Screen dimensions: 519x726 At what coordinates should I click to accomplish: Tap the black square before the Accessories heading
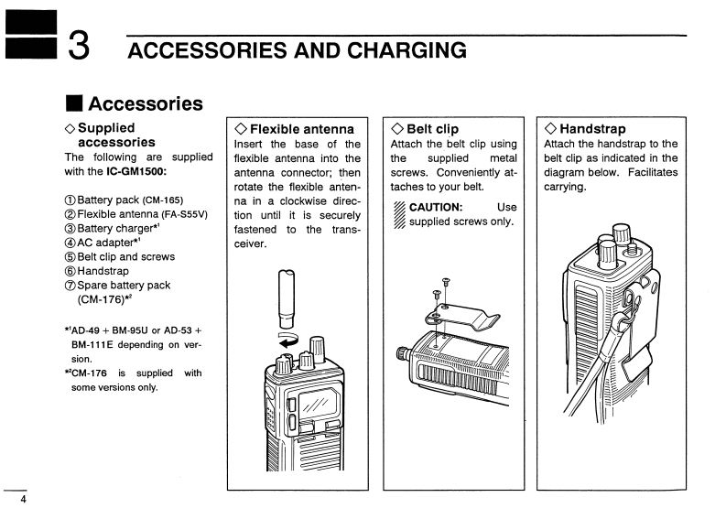pos(72,103)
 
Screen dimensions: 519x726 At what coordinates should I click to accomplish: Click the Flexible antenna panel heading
pos(294,129)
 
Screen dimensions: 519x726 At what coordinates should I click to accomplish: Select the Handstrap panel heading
pos(585,129)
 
